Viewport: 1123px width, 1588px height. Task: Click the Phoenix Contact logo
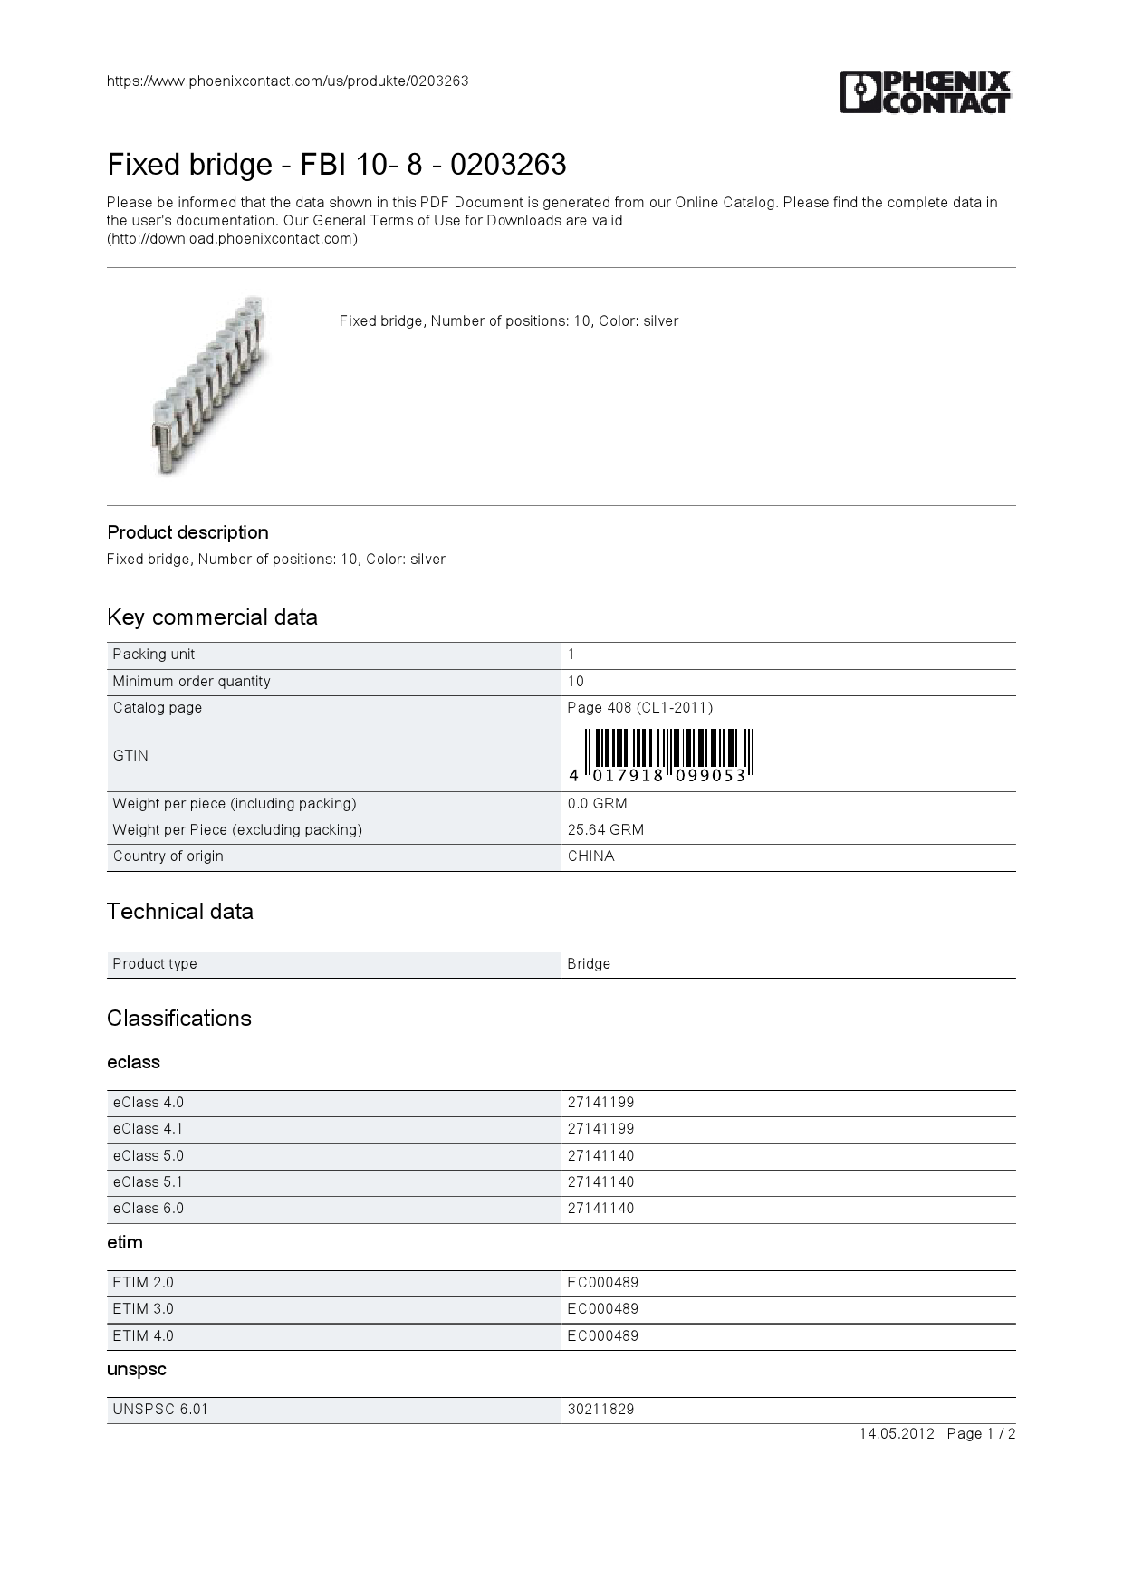[925, 91]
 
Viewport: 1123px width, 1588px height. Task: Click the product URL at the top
[287, 81]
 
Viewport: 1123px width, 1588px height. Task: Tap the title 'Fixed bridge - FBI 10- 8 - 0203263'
[336, 165]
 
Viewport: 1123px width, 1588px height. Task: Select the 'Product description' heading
[187, 532]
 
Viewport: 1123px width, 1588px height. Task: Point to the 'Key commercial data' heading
[212, 617]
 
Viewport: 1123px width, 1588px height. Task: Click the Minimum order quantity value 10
[576, 682]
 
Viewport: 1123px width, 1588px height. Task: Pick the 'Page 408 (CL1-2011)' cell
[639, 708]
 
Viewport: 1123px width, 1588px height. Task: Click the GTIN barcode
[661, 755]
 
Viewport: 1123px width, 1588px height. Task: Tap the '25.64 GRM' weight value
[606, 830]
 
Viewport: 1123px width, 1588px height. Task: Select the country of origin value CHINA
[590, 856]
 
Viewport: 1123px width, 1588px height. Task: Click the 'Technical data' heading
[179, 912]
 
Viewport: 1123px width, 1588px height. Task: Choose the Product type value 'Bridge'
[589, 964]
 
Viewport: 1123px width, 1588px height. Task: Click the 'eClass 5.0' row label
[148, 1156]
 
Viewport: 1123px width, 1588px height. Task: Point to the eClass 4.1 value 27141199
[600, 1129]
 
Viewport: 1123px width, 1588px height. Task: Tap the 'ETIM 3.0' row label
[143, 1309]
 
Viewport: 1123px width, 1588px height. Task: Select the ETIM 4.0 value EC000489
[602, 1336]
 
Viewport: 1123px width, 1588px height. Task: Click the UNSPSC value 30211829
[600, 1410]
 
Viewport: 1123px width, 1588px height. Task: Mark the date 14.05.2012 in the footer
[896, 1434]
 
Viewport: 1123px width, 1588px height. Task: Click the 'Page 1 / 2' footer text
[981, 1434]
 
